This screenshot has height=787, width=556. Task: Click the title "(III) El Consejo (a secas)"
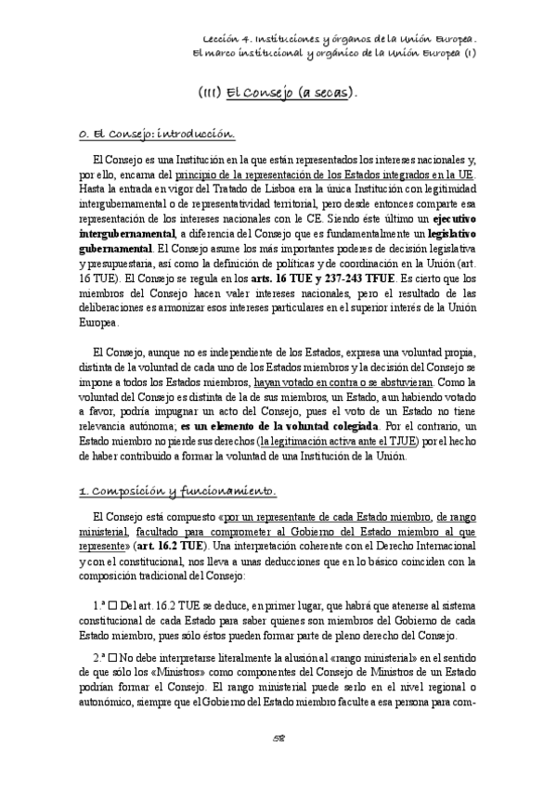point(278,95)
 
